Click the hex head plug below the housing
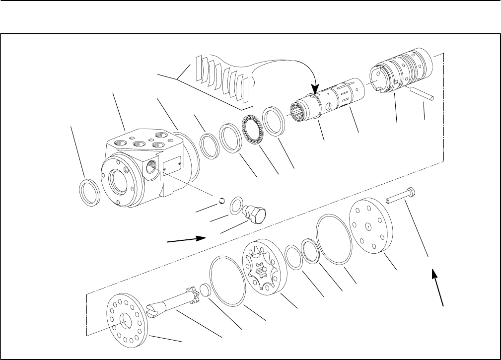pyautogui.click(x=256, y=215)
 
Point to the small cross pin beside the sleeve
pyautogui.click(x=423, y=93)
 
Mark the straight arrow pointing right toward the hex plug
pyautogui.click(x=187, y=240)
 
